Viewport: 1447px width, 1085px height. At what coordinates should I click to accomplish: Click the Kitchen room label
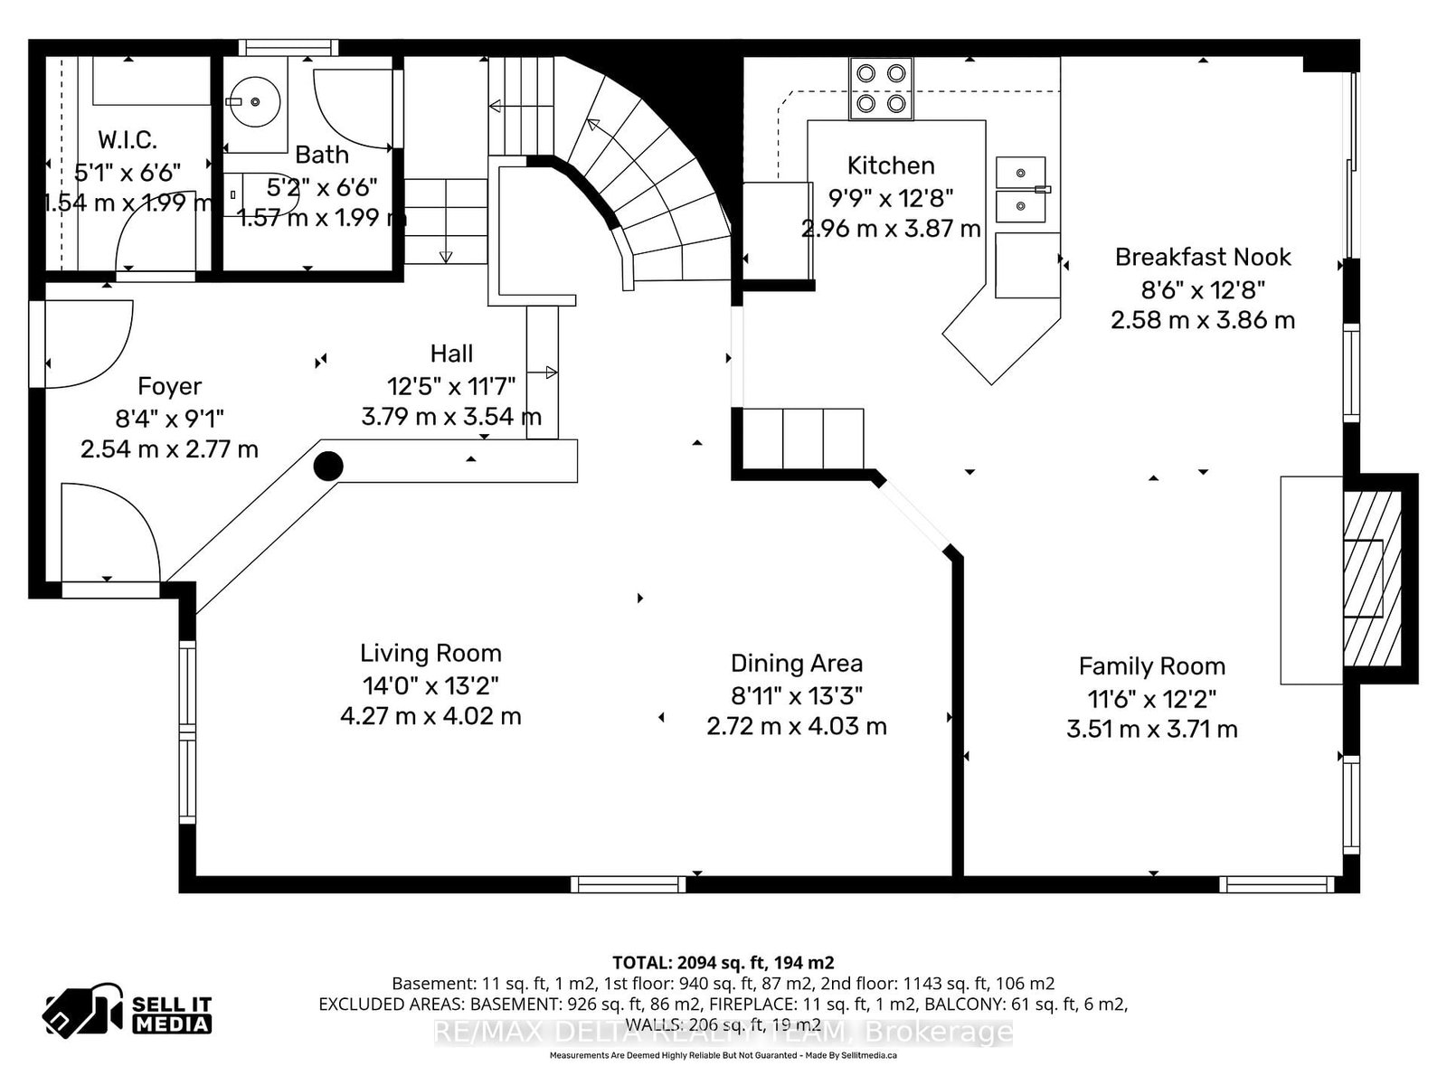point(891,165)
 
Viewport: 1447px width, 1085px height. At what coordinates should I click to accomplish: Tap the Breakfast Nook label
point(1203,257)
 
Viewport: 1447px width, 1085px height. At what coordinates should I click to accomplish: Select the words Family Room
point(1151,666)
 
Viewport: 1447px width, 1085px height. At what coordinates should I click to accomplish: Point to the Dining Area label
point(797,664)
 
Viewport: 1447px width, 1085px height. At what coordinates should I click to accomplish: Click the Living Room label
point(430,654)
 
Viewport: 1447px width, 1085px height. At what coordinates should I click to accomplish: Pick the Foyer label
point(169,386)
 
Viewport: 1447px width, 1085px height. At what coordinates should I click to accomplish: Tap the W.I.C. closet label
point(128,139)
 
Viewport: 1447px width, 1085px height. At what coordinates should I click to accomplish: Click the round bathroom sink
point(254,102)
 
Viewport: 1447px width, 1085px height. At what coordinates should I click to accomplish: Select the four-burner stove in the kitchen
point(881,89)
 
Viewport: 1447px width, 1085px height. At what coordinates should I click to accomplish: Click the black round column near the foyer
point(328,467)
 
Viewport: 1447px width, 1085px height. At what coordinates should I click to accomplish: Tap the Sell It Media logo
point(128,1010)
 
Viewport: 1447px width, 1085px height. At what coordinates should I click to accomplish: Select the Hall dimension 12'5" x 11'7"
point(451,386)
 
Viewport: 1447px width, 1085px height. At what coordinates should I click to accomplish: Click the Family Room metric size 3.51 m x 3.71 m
point(1151,730)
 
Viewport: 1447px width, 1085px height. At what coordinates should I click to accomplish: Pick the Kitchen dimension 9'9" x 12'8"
point(891,197)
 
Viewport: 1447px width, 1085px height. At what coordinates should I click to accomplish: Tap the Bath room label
point(322,155)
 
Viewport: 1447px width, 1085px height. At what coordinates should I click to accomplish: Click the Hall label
point(451,354)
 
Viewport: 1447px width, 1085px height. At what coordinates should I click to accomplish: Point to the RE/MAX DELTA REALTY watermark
point(723,1033)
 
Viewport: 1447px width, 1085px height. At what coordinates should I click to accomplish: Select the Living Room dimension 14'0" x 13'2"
point(430,685)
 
